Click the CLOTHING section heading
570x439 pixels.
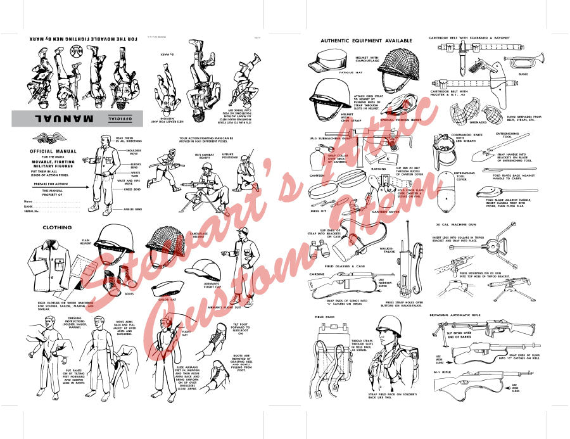coord(56,227)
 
